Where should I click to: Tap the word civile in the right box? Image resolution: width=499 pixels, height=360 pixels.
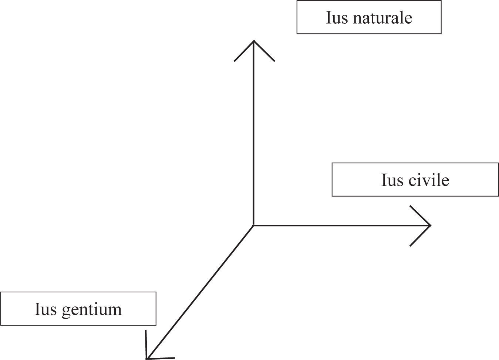click(429, 180)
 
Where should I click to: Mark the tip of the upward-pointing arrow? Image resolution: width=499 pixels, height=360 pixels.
click(253, 41)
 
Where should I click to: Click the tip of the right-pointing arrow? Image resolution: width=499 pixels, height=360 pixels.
click(431, 225)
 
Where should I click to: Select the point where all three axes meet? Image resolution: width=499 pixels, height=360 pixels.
click(253, 225)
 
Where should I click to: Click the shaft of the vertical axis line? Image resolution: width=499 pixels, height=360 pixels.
click(253, 133)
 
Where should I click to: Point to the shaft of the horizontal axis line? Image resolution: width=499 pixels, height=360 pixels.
click(340, 225)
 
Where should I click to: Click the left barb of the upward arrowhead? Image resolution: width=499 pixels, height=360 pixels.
click(244, 51)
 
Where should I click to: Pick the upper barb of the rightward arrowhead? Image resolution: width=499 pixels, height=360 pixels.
click(420, 215)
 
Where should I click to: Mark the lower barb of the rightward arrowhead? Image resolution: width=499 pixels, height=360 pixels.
click(420, 235)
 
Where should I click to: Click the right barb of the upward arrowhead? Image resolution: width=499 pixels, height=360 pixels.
click(264, 51)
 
